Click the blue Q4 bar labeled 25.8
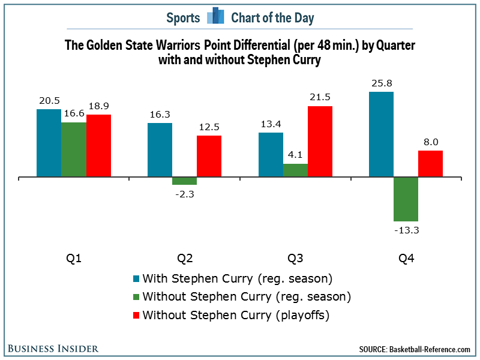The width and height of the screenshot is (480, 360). coord(381,134)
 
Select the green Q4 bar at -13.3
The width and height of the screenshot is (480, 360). coord(406,199)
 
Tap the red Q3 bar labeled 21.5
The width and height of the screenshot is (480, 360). coord(320,142)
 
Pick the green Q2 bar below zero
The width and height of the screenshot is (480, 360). coord(184,181)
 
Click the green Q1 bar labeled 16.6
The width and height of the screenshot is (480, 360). coord(74,149)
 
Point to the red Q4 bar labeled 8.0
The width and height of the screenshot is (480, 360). coord(430,164)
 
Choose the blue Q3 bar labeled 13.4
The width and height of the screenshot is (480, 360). coord(270,154)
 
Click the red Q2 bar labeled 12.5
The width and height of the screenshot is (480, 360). coord(209,156)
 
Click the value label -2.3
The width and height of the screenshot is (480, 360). coord(184,194)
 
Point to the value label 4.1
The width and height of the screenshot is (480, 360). coord(295,155)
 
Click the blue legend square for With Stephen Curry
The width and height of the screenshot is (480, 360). coord(136,279)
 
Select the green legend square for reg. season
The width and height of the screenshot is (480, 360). coord(136,297)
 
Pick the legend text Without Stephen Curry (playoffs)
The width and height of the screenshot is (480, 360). coord(236,314)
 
